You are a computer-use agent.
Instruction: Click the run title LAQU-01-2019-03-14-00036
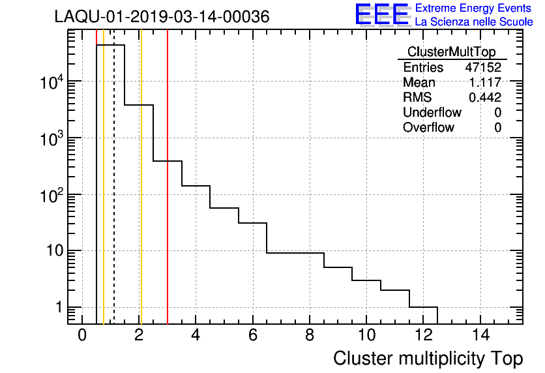pyautogui.click(x=162, y=17)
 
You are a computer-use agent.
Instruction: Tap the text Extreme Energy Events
pyautogui.click(x=474, y=8)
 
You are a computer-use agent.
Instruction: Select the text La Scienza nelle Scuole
pyautogui.click(x=474, y=22)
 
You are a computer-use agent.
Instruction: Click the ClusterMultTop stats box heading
pyautogui.click(x=451, y=52)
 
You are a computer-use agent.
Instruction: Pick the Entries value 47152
pyautogui.click(x=482, y=67)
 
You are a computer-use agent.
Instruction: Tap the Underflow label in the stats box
pyautogui.click(x=432, y=112)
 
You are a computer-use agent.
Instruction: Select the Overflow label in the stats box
pyautogui.click(x=428, y=127)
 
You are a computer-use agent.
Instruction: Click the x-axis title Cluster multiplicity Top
pyautogui.click(x=428, y=358)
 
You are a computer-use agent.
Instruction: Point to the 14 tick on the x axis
pyautogui.click(x=480, y=335)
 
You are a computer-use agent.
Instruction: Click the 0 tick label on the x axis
pyautogui.click(x=81, y=335)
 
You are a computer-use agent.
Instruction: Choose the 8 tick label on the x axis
pyautogui.click(x=309, y=335)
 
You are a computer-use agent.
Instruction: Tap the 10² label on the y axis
pyautogui.click(x=54, y=194)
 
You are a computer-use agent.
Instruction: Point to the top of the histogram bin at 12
pyautogui.click(x=423, y=307)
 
